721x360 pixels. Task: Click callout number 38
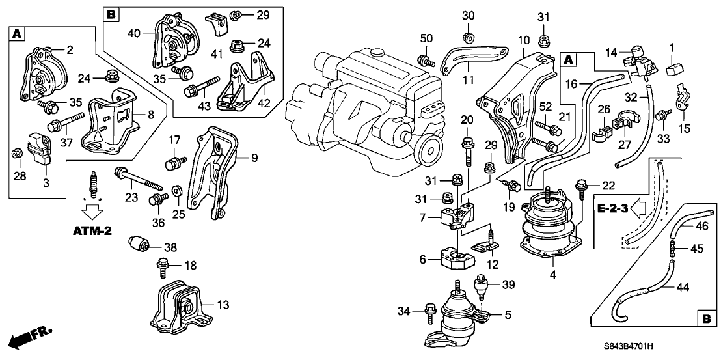click(171, 247)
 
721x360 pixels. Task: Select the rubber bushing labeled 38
click(140, 244)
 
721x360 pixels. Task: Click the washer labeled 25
click(176, 193)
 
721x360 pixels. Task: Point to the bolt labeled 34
click(429, 313)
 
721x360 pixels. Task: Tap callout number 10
click(524, 40)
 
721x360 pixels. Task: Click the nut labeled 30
click(468, 35)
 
